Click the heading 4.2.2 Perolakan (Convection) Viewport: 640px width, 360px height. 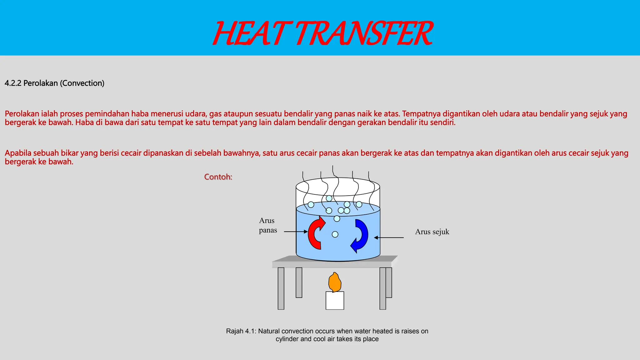(54, 83)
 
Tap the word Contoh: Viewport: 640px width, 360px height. (218, 177)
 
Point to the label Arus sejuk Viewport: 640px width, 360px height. (432, 232)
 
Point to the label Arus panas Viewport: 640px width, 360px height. (268, 225)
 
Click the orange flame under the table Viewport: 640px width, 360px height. (335, 282)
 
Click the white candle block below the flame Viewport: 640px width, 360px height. (335, 301)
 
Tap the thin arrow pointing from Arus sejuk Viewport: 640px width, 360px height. (389, 237)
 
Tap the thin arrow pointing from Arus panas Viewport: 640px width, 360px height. (296, 232)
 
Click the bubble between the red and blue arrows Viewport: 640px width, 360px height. (335, 234)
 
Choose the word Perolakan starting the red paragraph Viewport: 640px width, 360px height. (22, 114)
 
